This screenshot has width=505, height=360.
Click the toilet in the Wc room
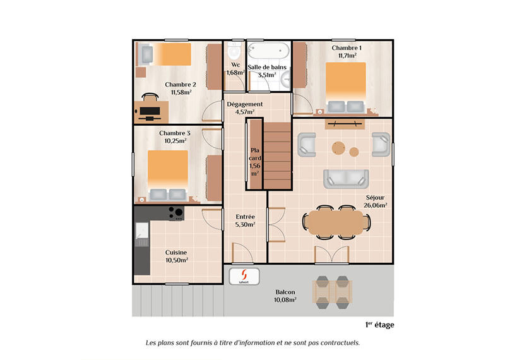pos(234,51)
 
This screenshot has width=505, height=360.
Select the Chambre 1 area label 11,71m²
pos(347,56)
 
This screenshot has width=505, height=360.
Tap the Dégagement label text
pos(245,104)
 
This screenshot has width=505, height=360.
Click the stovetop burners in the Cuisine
pos(175,212)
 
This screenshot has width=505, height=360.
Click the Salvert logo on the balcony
pos(241,276)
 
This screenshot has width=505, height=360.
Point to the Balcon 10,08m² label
pos(285,296)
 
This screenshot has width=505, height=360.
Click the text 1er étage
pos(379,325)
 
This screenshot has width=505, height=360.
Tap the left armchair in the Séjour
pos(307,145)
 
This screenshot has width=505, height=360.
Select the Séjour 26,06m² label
pos(376,200)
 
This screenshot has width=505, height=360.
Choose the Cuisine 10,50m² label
pos(176,256)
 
